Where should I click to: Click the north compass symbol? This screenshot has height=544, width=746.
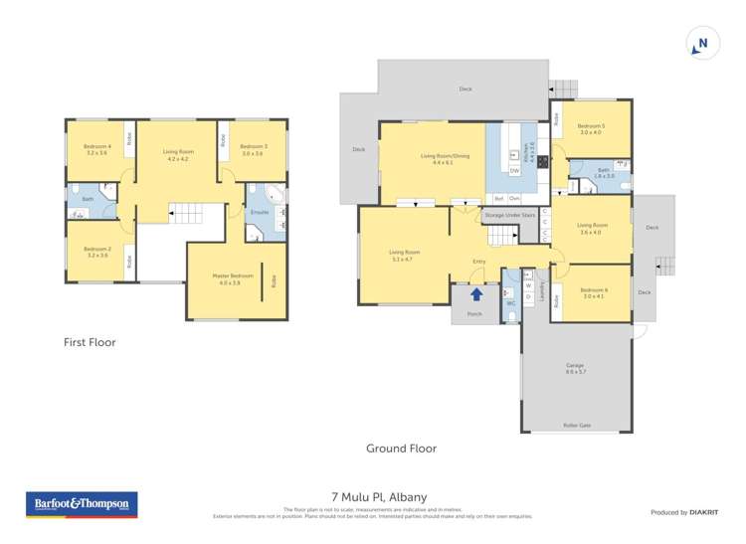coord(702,43)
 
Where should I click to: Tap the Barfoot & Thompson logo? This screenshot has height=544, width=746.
coord(82,504)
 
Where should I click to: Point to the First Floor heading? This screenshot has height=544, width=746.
coord(89,342)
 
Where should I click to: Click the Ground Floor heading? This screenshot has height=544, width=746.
coord(401,449)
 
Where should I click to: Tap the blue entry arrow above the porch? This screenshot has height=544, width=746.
coord(476,294)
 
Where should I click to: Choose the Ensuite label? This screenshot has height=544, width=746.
coord(258,213)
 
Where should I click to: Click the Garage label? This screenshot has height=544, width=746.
coord(575,366)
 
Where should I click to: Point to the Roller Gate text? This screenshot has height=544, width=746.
coord(577,425)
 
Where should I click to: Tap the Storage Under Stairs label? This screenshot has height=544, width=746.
coord(509,215)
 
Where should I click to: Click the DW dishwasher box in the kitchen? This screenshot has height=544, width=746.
coord(514,171)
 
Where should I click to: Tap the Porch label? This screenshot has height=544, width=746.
coord(474,314)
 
